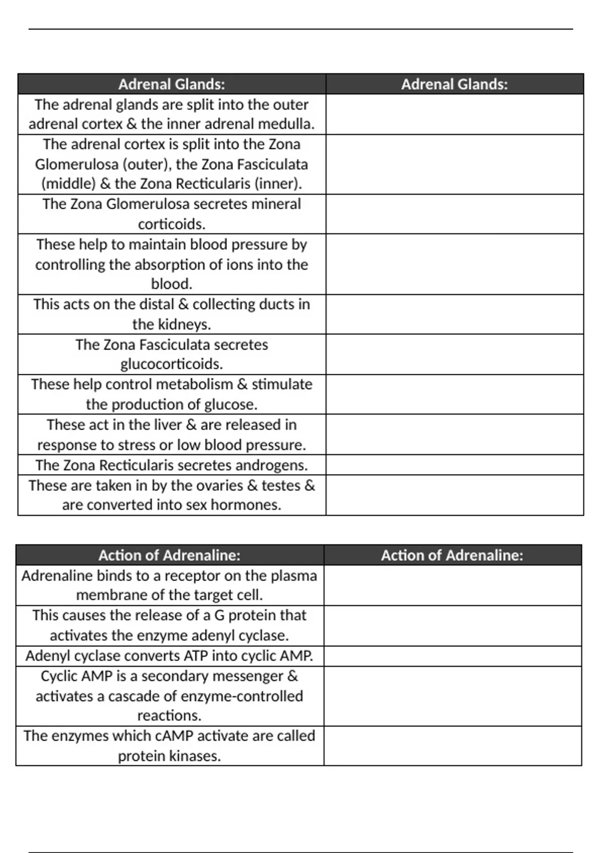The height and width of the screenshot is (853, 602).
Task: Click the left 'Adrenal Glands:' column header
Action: tap(172, 84)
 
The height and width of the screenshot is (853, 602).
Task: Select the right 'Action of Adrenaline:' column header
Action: tap(452, 555)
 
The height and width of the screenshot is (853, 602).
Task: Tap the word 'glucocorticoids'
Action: tap(172, 364)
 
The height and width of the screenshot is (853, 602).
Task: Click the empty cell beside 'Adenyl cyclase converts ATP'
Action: tap(453, 656)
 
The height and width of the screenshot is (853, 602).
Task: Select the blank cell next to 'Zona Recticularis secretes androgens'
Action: tap(455, 465)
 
